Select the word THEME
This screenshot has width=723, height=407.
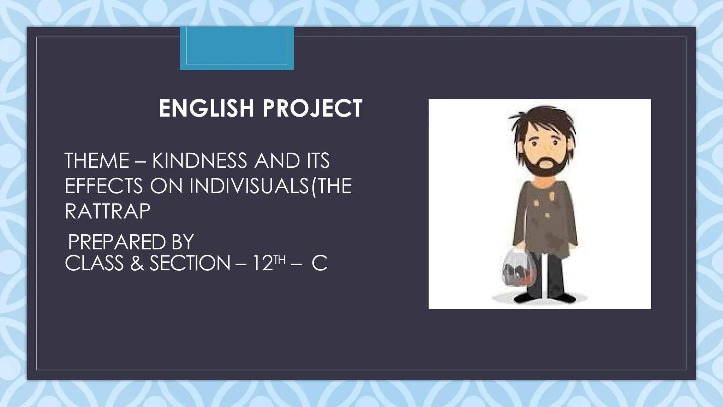point(97,161)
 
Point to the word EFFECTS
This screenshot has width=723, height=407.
point(104,186)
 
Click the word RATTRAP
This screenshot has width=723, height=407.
point(108,211)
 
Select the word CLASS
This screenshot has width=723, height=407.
point(94,264)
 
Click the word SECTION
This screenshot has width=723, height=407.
point(190,264)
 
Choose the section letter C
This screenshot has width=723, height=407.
point(319,264)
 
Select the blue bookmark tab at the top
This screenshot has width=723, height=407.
point(237,48)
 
